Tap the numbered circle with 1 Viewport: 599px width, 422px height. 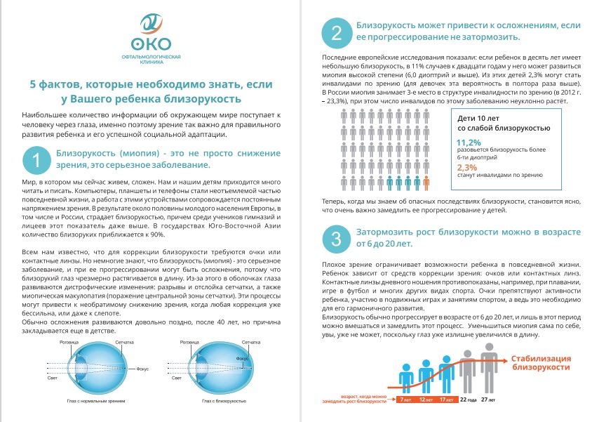36,160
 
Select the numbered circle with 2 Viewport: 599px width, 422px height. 337,33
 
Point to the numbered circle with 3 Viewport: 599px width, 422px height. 337,239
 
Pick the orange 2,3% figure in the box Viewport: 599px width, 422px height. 467,168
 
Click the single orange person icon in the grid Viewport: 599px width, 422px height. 426,183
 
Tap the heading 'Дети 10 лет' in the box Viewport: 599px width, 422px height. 478,118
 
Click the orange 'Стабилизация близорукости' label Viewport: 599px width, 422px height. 541,363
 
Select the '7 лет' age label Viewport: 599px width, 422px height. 405,400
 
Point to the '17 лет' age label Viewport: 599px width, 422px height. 446,400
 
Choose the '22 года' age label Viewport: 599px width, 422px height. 468,400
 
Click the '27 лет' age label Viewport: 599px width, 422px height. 488,400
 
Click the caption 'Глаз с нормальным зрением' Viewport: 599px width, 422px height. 96,401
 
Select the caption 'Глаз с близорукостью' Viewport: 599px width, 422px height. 224,401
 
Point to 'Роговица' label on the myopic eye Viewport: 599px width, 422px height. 189,342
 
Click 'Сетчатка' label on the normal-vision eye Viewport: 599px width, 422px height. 125,342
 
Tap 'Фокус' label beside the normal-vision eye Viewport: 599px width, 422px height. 142,369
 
